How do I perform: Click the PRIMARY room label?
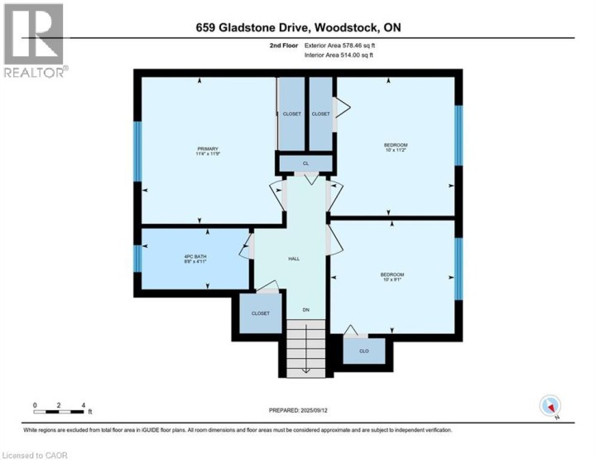[207, 151]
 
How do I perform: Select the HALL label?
[294, 259]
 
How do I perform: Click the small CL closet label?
[305, 162]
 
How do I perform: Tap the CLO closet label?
[363, 351]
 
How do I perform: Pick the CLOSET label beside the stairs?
[261, 313]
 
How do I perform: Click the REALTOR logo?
[33, 41]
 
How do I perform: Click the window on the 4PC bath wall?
[138, 257]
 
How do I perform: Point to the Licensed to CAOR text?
[35, 454]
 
